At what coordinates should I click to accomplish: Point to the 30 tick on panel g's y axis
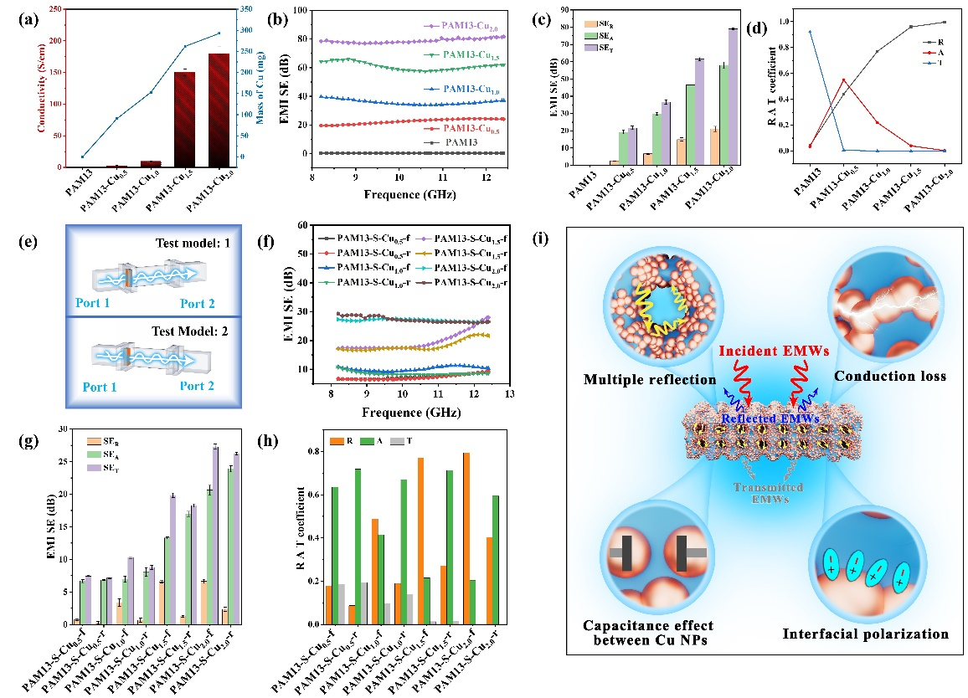54,429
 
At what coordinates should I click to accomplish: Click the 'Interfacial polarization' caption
867,634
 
